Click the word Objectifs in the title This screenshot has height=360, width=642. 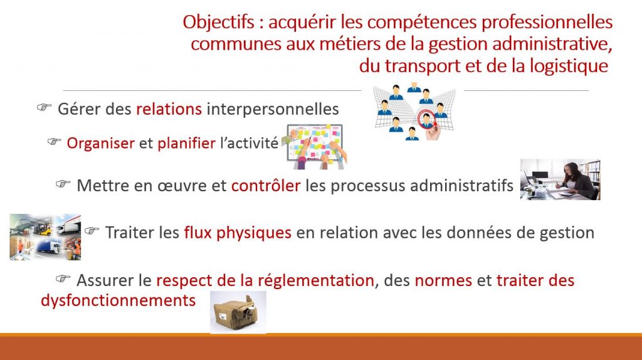pos(219,23)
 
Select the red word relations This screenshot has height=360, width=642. pos(169,109)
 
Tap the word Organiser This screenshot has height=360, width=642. pos(101,144)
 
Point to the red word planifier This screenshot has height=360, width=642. pos(186,144)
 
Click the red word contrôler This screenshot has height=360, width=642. pos(266,186)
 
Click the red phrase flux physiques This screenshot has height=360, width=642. pos(238,233)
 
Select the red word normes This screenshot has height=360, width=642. pos(443,280)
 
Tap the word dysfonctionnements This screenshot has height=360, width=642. pos(118,300)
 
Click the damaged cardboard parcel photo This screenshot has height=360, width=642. pos(238,312)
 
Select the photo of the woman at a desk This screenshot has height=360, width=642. pos(560,179)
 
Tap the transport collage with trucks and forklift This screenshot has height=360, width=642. pos(45,236)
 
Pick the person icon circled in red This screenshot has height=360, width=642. pos(426,119)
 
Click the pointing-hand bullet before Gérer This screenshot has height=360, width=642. pos(45,107)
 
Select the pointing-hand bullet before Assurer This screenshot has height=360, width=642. pos(63,279)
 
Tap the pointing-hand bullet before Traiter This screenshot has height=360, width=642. pos(92,231)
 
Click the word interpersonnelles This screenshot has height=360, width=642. pos(273,109)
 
